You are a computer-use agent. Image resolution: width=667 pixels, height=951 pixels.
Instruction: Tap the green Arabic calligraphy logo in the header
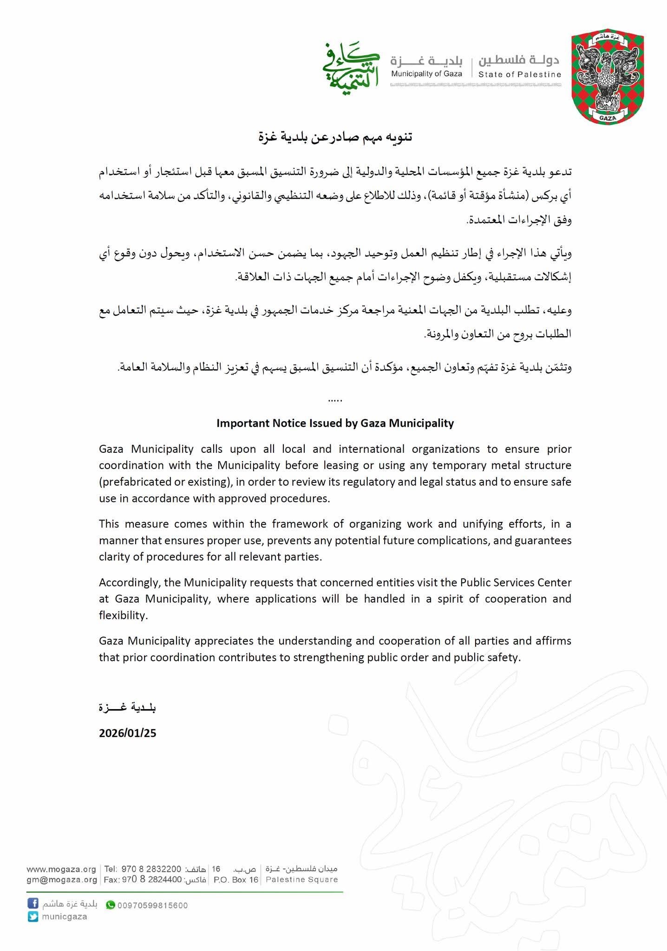click(351, 68)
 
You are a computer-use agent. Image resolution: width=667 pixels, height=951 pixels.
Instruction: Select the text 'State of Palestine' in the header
click(520, 74)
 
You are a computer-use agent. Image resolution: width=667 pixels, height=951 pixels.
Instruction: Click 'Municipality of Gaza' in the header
click(426, 74)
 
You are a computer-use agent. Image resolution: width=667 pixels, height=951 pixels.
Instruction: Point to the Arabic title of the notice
click(335, 137)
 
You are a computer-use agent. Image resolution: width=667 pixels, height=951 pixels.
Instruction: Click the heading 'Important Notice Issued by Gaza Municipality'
click(335, 423)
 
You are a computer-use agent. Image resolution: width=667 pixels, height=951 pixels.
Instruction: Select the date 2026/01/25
click(127, 733)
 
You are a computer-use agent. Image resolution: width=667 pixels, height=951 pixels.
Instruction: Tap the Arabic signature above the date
click(127, 707)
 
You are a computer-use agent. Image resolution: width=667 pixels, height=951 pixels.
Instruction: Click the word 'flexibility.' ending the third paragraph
click(123, 615)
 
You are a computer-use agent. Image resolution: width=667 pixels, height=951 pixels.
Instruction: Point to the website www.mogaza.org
click(61, 869)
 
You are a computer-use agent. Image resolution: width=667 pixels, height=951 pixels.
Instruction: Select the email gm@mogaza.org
click(61, 879)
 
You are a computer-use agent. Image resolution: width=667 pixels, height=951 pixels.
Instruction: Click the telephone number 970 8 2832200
click(151, 869)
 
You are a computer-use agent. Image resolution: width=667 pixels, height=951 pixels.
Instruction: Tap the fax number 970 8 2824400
click(152, 879)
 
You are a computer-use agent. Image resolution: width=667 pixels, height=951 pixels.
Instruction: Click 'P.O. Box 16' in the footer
click(235, 879)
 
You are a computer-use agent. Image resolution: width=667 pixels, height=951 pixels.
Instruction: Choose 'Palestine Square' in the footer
click(301, 879)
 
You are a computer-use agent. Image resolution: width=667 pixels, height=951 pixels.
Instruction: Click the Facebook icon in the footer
click(33, 904)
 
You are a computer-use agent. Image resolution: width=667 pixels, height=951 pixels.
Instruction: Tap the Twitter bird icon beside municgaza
click(33, 917)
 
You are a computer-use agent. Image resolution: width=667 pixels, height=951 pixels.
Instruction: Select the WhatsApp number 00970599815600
click(152, 905)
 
